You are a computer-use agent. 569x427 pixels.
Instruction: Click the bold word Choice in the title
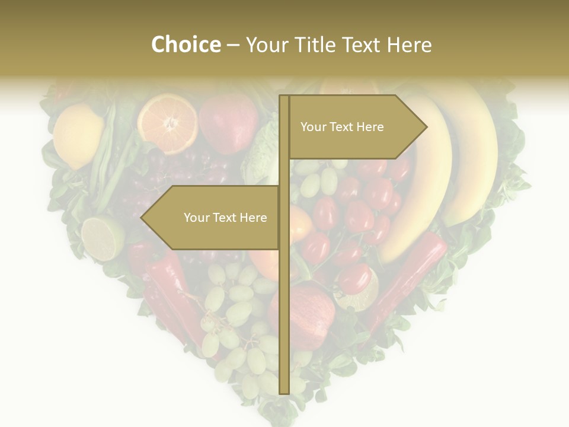click(186, 44)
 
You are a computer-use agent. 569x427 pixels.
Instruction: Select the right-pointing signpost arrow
click(356, 127)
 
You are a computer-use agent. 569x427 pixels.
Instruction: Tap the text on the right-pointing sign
click(342, 127)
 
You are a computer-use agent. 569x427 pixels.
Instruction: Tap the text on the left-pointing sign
click(225, 218)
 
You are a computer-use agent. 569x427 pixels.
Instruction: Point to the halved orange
click(168, 124)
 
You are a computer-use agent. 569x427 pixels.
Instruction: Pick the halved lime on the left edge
click(102, 238)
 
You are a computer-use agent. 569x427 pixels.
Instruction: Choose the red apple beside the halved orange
click(228, 123)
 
